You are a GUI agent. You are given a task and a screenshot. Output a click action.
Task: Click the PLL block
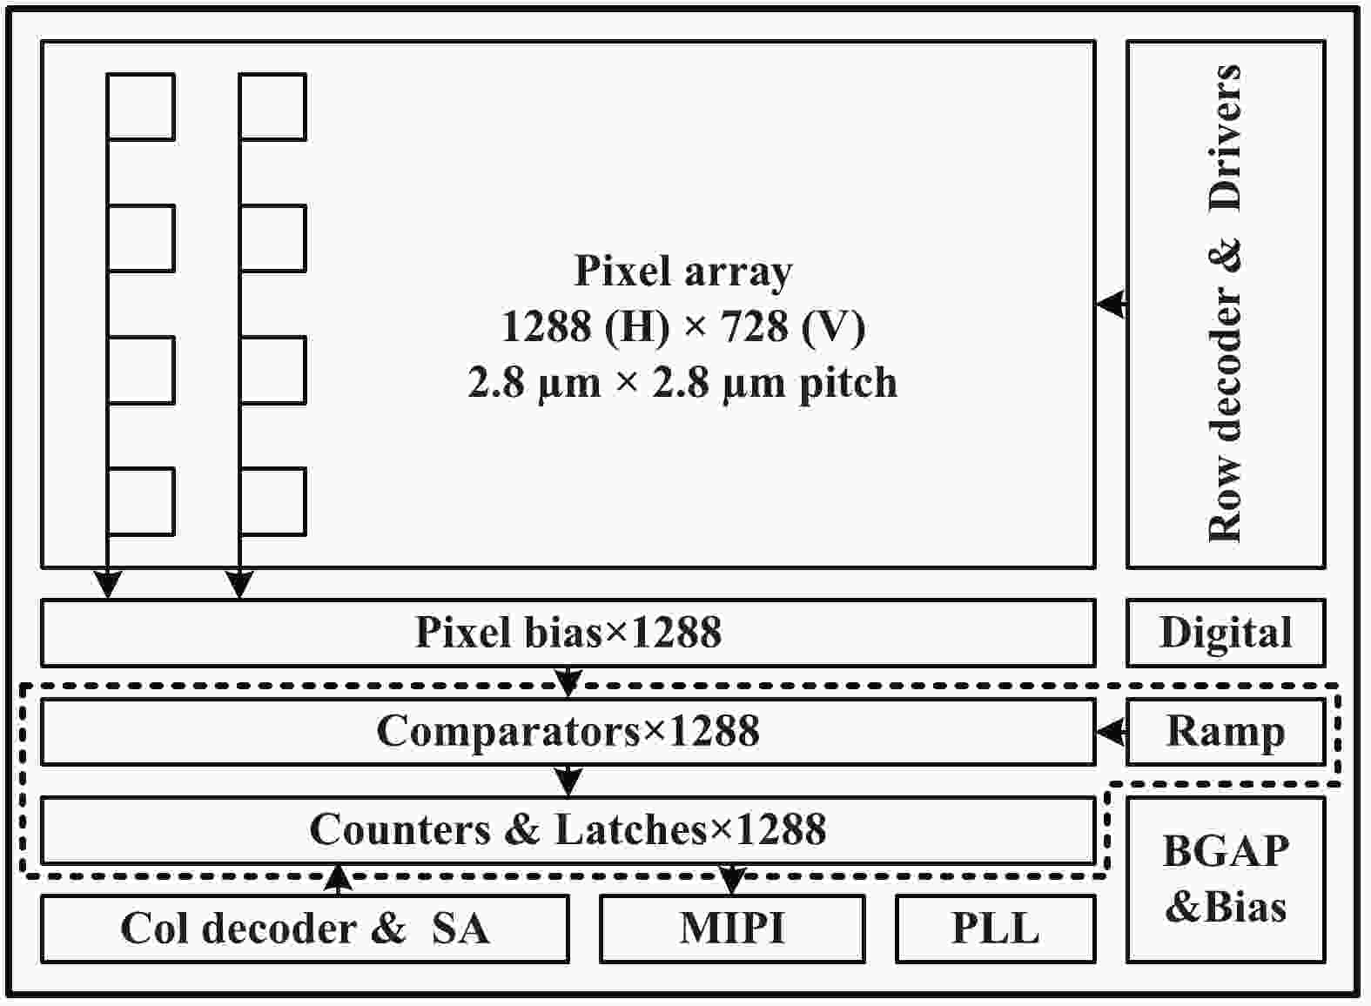[x=995, y=929]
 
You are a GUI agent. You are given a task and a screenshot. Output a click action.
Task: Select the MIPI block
[x=732, y=929]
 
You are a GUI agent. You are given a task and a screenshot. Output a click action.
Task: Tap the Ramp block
[x=1226, y=732]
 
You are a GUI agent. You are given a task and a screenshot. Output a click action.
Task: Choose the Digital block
[x=1226, y=633]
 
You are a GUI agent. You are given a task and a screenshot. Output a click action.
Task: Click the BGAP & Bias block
[x=1226, y=880]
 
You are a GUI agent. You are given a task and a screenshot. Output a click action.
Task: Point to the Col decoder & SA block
[x=305, y=929]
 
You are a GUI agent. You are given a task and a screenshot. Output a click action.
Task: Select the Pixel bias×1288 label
[x=568, y=632]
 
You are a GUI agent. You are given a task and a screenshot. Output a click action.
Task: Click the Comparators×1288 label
[x=568, y=731]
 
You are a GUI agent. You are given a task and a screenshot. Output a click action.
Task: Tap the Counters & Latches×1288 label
[x=568, y=829]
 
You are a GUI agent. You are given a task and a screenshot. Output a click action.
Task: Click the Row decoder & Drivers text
[x=1226, y=304]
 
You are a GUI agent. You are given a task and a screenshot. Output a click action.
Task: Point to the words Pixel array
[x=683, y=272]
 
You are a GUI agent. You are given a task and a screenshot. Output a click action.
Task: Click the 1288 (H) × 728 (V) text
[x=683, y=326]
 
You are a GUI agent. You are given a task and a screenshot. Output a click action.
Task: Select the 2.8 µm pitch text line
[x=683, y=382]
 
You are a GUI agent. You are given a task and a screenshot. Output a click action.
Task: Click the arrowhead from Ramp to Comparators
[x=1110, y=731]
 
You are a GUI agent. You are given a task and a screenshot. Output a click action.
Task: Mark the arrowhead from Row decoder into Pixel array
[x=1110, y=304]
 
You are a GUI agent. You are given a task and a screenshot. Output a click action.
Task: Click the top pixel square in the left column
[x=141, y=107]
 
